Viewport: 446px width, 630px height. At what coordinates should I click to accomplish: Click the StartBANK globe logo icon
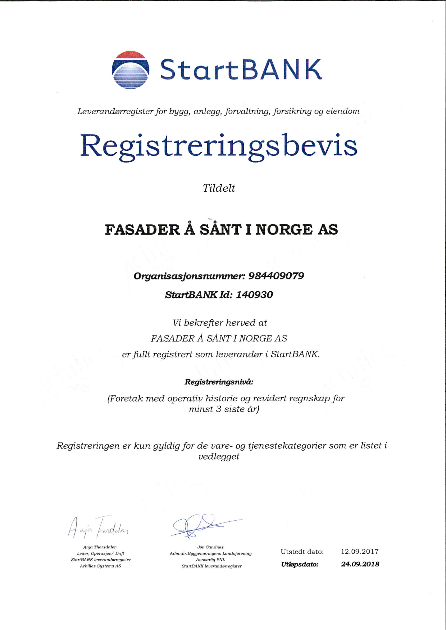click(x=130, y=70)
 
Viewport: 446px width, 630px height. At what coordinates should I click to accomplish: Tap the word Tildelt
click(x=219, y=188)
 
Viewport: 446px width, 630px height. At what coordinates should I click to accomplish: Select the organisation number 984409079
click(x=276, y=276)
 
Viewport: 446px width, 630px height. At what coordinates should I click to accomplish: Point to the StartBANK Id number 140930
click(x=254, y=295)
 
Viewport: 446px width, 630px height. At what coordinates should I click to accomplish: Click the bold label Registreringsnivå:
click(x=219, y=382)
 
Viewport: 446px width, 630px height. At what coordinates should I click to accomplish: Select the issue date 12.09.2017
click(x=360, y=552)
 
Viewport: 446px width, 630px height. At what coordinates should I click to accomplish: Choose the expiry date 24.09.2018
click(x=360, y=564)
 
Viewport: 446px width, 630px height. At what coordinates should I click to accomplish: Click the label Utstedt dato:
click(x=302, y=552)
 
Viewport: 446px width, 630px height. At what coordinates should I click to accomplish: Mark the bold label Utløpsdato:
click(x=300, y=565)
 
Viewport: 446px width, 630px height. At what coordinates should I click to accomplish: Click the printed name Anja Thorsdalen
click(x=100, y=547)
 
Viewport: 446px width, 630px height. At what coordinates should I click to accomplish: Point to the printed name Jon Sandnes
click(x=210, y=547)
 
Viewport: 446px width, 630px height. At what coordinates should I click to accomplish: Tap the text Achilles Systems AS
click(x=100, y=566)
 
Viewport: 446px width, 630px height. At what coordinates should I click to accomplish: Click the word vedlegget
click(x=219, y=457)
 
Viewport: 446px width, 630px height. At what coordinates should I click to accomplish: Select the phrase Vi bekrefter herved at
click(x=220, y=323)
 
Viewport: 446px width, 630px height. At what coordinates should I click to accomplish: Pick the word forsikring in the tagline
click(x=292, y=111)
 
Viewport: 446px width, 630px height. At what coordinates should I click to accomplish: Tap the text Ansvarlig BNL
click(x=210, y=560)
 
